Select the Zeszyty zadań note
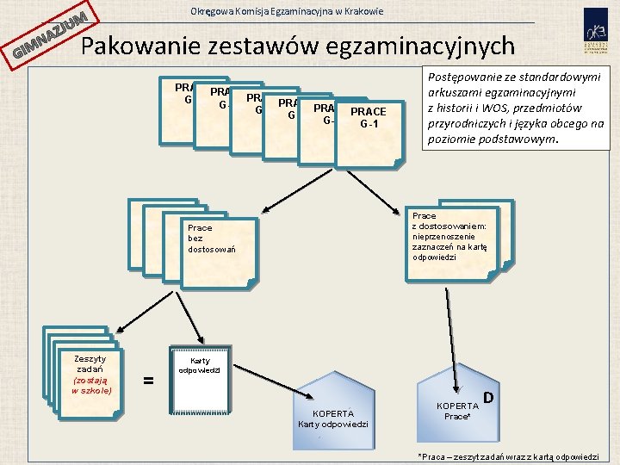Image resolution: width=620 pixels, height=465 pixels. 90,375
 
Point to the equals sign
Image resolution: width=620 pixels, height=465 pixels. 148,380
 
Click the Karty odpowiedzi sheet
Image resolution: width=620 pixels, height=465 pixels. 201,380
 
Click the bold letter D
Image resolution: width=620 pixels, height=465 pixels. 488,397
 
